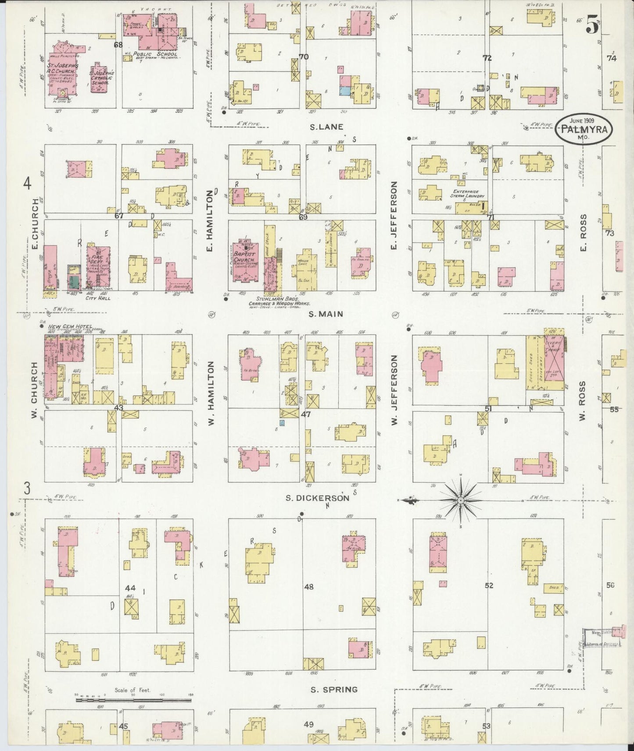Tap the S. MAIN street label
point(326,314)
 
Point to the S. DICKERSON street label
point(317,498)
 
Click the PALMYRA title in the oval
point(583,130)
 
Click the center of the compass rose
point(461,500)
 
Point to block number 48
point(309,586)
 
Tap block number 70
point(303,57)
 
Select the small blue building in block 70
point(345,91)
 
